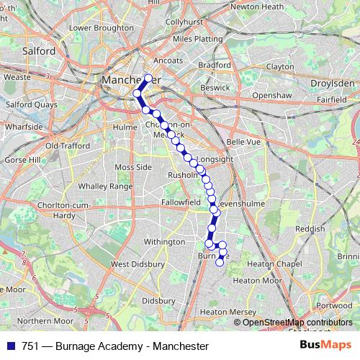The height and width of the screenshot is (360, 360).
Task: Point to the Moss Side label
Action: (x=133, y=167)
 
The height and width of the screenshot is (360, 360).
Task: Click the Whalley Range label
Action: (x=106, y=186)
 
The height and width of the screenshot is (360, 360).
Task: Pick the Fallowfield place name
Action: (x=181, y=203)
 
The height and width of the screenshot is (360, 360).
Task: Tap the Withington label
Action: (x=164, y=243)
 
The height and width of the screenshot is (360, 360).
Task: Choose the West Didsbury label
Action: (x=135, y=264)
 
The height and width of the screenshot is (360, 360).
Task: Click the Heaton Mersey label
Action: (x=228, y=312)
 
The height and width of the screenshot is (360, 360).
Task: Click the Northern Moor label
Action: (x=45, y=320)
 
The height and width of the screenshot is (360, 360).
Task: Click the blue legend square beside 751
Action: (x=11, y=346)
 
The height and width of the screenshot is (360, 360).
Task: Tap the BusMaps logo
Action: (x=325, y=346)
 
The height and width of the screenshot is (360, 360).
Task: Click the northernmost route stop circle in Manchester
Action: (x=149, y=78)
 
